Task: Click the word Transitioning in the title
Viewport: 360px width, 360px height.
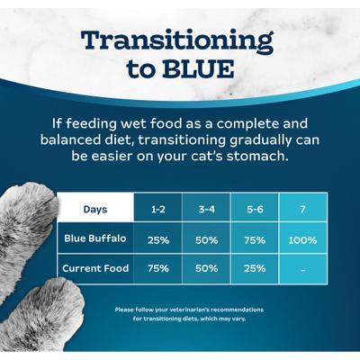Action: point(176,41)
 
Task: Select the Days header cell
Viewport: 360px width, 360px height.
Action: point(95,209)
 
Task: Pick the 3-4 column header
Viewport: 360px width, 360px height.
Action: point(205,209)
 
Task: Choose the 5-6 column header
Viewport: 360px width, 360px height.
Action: point(254,209)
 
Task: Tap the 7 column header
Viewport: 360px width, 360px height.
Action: point(303,209)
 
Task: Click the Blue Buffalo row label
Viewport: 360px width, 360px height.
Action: point(95,239)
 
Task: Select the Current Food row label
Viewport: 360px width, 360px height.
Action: point(95,267)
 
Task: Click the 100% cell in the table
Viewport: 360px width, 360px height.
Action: point(303,240)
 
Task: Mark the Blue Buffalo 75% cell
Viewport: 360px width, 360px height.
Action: point(254,240)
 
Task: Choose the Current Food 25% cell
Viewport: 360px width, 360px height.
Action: point(254,268)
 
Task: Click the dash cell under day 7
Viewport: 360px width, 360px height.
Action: point(303,268)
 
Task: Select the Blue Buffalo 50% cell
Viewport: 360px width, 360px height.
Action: point(205,240)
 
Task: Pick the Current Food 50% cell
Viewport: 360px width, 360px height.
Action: point(205,268)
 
